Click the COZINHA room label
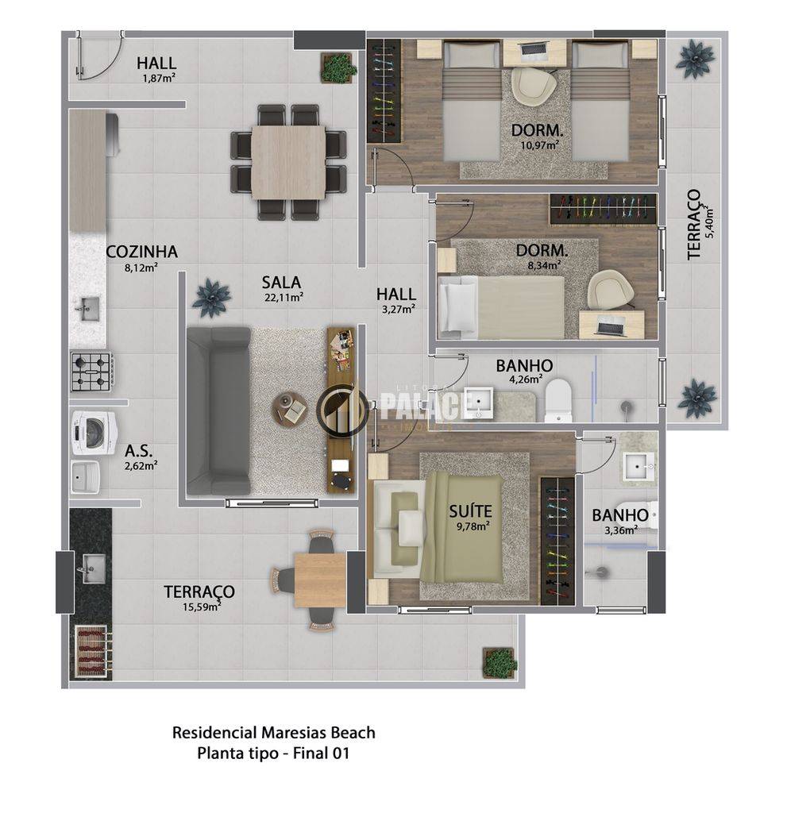click(x=141, y=252)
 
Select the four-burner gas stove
click(x=92, y=372)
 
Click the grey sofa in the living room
click(x=218, y=410)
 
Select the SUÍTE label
click(x=470, y=511)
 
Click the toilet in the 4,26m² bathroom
click(x=557, y=400)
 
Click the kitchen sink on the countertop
click(x=89, y=310)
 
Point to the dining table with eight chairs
click(x=288, y=162)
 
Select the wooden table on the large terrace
click(x=320, y=580)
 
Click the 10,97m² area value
click(x=539, y=144)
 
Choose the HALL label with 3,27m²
click(x=396, y=295)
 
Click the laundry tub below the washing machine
click(x=86, y=476)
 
